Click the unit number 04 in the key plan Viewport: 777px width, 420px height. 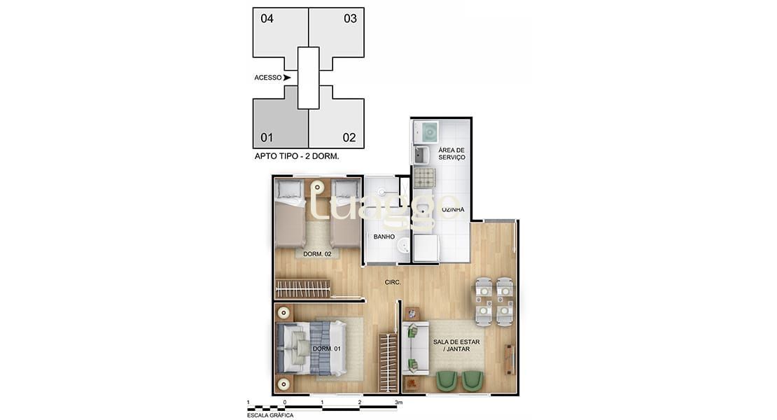pyautogui.click(x=267, y=19)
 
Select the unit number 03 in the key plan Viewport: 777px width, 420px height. pyautogui.click(x=350, y=19)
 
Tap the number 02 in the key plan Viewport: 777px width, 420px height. pyautogui.click(x=349, y=137)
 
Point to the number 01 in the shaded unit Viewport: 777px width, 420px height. pyautogui.click(x=267, y=137)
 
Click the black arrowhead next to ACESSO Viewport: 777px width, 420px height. pyautogui.click(x=287, y=78)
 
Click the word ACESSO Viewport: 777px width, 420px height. pyautogui.click(x=268, y=78)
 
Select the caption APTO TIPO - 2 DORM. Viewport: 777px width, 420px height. pyautogui.click(x=297, y=157)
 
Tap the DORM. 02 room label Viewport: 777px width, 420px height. pyautogui.click(x=317, y=253)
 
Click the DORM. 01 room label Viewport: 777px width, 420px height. pyautogui.click(x=326, y=349)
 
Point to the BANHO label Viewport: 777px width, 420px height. pyautogui.click(x=384, y=237)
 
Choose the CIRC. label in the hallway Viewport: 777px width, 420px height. pyautogui.click(x=393, y=282)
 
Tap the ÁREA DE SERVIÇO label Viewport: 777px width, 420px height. pyautogui.click(x=451, y=154)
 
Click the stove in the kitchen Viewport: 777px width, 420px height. pyautogui.click(x=425, y=178)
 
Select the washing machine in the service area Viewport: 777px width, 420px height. pyautogui.click(x=426, y=130)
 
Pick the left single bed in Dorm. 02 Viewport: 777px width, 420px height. pyautogui.click(x=290, y=213)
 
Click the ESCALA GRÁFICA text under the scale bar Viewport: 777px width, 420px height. pyautogui.click(x=270, y=415)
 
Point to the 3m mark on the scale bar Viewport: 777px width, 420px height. pyautogui.click(x=399, y=402)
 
